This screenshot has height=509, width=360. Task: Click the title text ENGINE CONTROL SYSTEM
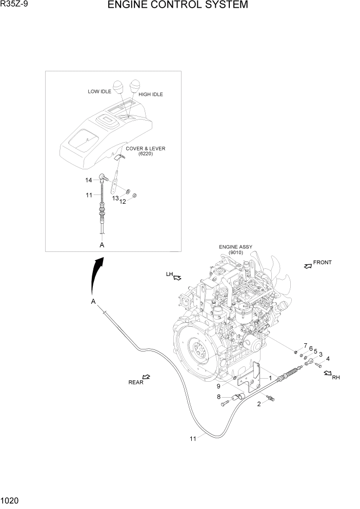coord(177,6)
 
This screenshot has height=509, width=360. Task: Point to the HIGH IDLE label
coord(151,94)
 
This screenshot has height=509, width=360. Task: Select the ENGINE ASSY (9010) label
coord(235,249)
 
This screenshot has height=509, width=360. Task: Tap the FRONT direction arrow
coord(308,266)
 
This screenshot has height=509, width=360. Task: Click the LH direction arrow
coord(178,278)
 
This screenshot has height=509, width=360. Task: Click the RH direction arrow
coord(328,375)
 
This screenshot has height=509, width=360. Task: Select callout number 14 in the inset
coord(89,180)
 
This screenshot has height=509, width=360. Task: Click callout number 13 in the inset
coord(115,198)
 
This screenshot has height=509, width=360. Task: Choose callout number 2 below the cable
coord(259,404)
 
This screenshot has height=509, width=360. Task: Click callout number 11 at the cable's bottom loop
coord(193,438)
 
